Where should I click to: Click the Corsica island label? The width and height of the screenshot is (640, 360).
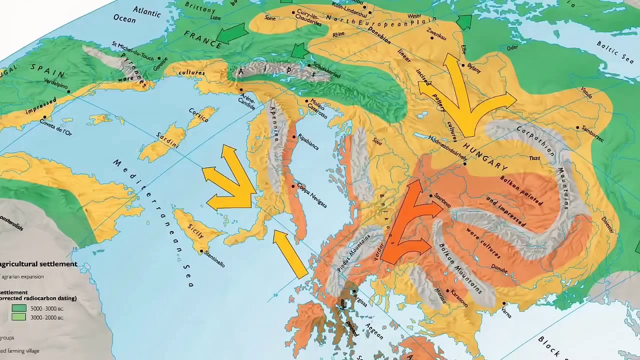(198, 115)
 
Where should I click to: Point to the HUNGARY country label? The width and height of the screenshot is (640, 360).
(485, 156)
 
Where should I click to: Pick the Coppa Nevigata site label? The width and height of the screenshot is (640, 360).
(311, 195)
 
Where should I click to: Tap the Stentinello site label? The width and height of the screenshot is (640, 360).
(213, 257)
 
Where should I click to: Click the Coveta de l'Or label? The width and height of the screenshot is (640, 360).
(56, 127)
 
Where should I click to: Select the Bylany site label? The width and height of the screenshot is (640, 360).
(474, 68)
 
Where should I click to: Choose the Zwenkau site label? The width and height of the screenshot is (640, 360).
(436, 34)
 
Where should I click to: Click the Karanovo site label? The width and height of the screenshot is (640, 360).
(458, 298)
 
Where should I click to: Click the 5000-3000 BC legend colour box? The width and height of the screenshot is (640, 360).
(19, 308)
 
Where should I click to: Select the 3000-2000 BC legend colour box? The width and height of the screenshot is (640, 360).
(19, 317)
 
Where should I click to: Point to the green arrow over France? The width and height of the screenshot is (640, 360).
(232, 33)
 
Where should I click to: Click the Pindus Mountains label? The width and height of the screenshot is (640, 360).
(353, 253)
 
